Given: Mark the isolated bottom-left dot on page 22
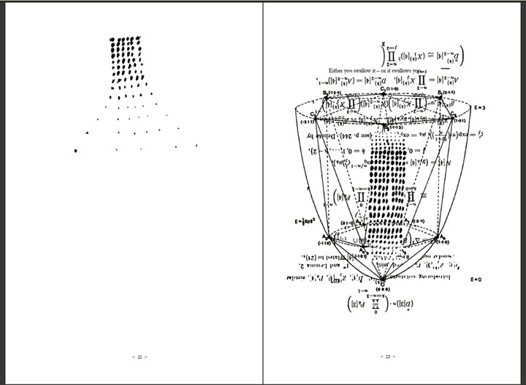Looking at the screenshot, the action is coord(77,151).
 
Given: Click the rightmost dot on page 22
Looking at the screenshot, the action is coord(197,146).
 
